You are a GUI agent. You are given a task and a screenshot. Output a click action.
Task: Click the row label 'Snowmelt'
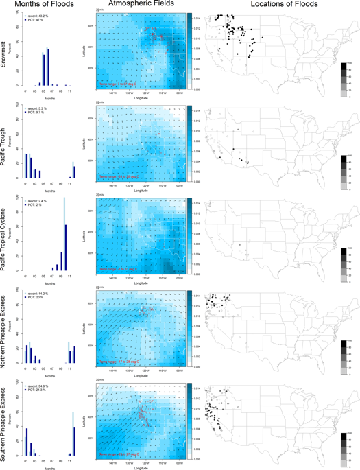5,50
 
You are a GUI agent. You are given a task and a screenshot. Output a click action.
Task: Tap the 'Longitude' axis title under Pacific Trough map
141,191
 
